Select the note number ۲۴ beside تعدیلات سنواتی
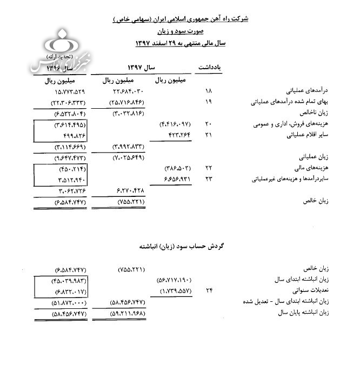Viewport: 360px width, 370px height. pyautogui.click(x=209, y=291)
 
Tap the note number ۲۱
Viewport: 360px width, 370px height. pyautogui.click(x=209, y=135)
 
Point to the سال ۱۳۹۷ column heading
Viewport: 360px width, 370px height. pyautogui.click(x=141, y=67)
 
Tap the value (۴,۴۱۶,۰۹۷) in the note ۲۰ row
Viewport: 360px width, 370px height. pyautogui.click(x=176, y=124)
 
